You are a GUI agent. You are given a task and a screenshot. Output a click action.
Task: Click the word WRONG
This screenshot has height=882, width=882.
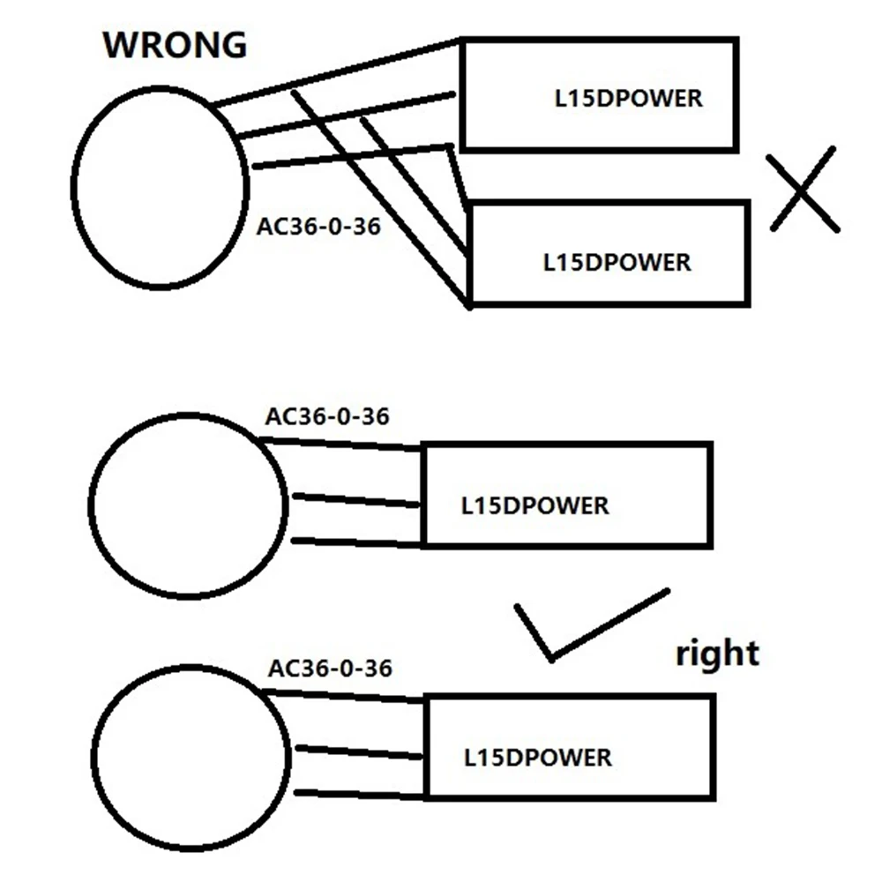click(175, 45)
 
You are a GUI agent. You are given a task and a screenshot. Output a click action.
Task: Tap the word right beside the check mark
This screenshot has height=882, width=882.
click(716, 654)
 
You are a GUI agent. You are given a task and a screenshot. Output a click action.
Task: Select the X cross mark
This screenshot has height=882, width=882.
click(803, 190)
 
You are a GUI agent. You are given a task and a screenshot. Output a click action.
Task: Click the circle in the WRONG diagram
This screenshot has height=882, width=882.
click(160, 187)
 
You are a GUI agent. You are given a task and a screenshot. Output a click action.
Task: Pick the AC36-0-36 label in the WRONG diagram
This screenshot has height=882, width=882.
click(318, 228)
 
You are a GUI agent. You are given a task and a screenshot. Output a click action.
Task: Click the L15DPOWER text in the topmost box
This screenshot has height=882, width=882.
click(628, 98)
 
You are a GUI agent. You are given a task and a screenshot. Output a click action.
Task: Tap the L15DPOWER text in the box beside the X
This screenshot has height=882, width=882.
click(617, 262)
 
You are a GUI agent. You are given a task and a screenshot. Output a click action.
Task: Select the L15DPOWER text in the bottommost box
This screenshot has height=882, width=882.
click(537, 757)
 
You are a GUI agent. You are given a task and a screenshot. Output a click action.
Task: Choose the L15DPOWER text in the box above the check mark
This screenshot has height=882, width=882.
click(535, 506)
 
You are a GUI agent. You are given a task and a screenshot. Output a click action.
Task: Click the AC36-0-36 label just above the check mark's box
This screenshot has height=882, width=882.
click(326, 415)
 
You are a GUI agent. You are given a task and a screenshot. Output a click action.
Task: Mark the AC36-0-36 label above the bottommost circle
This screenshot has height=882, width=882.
click(329, 668)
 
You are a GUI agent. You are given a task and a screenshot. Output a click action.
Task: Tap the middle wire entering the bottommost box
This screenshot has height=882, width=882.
click(360, 752)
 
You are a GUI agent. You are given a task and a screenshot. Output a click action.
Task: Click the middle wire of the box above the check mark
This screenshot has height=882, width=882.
click(356, 500)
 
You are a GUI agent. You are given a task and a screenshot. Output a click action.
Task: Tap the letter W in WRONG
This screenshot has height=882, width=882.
click(123, 45)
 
